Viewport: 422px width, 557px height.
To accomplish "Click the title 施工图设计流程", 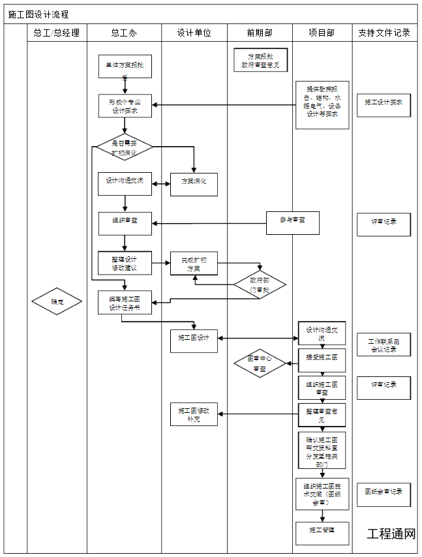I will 38,14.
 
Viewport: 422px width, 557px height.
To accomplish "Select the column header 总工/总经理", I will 57,33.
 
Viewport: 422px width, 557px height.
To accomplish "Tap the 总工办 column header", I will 124,33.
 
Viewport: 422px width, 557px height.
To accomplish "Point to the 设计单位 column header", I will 194,33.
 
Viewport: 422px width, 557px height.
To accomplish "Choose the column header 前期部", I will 260,33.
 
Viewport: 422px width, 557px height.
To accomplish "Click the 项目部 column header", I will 322,33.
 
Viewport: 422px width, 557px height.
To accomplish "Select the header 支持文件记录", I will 384,33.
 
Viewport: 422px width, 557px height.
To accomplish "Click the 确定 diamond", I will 57,302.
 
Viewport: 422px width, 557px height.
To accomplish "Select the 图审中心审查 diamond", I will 260,364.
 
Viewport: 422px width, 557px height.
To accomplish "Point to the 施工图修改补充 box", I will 194,414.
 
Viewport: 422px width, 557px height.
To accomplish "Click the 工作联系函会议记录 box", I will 384,344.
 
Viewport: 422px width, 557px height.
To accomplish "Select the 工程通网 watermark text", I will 391,534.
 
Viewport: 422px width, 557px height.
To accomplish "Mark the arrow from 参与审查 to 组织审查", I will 209,224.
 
